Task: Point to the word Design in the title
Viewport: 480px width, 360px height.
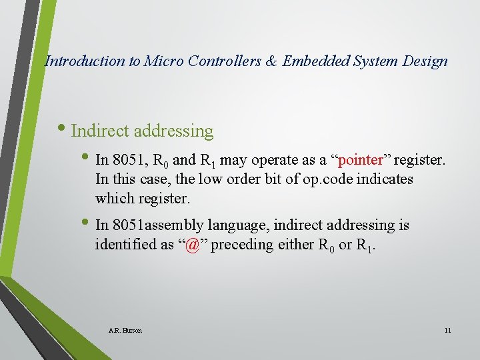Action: [425, 61]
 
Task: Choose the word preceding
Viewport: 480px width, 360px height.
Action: [243, 245]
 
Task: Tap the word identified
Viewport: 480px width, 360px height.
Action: [127, 245]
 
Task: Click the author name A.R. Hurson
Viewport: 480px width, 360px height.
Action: [125, 330]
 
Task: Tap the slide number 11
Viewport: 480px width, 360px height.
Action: [447, 330]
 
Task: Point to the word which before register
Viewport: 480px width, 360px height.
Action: [114, 199]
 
